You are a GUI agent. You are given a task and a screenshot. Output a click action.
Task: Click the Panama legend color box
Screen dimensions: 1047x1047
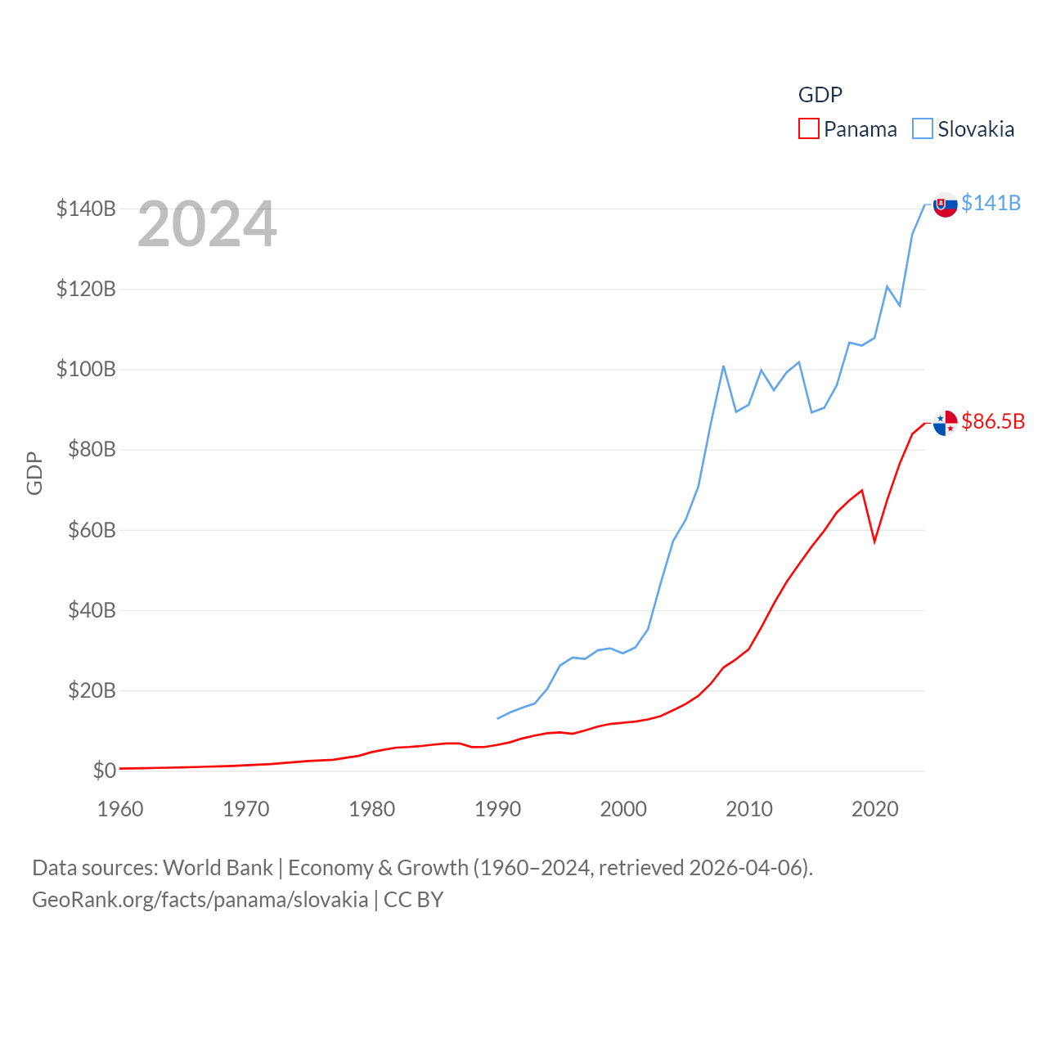tap(808, 129)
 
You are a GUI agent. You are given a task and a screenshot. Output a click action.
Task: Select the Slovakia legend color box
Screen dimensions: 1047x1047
tap(922, 129)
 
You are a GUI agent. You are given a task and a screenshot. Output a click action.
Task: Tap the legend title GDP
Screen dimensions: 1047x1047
tap(820, 95)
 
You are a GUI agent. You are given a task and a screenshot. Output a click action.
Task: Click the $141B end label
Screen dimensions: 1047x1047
tap(991, 203)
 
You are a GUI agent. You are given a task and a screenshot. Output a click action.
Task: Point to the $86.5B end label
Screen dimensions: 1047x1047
tap(993, 421)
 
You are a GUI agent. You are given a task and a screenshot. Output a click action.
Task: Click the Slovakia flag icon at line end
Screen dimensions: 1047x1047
tap(945, 204)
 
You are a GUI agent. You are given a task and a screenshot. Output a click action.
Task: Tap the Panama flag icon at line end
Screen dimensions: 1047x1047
tap(945, 423)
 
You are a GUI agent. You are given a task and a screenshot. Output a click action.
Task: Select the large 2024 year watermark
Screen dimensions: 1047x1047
tap(207, 224)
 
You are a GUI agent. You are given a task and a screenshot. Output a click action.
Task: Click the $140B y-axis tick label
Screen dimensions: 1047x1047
tap(86, 209)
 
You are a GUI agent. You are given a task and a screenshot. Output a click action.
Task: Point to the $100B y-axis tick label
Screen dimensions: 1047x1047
tap(86, 369)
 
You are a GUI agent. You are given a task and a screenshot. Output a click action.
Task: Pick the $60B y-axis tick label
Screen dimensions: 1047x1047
tap(91, 530)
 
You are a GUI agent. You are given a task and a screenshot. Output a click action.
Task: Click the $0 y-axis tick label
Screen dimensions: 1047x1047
tap(104, 771)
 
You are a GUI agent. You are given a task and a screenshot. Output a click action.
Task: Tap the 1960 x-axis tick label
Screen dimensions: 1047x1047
tap(120, 809)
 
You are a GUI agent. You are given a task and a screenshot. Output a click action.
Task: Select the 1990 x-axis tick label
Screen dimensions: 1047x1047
tap(497, 809)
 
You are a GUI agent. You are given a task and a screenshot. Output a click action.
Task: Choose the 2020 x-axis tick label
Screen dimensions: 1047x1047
tap(874, 809)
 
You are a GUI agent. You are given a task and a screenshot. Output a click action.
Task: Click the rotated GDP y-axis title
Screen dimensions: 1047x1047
tap(34, 473)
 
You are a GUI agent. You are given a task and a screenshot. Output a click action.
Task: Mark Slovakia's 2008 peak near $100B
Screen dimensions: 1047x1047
tap(723, 366)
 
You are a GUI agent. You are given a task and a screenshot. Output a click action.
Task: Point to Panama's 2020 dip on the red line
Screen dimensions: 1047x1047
tap(874, 541)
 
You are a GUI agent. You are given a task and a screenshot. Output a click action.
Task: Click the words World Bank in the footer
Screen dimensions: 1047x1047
tap(218, 867)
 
